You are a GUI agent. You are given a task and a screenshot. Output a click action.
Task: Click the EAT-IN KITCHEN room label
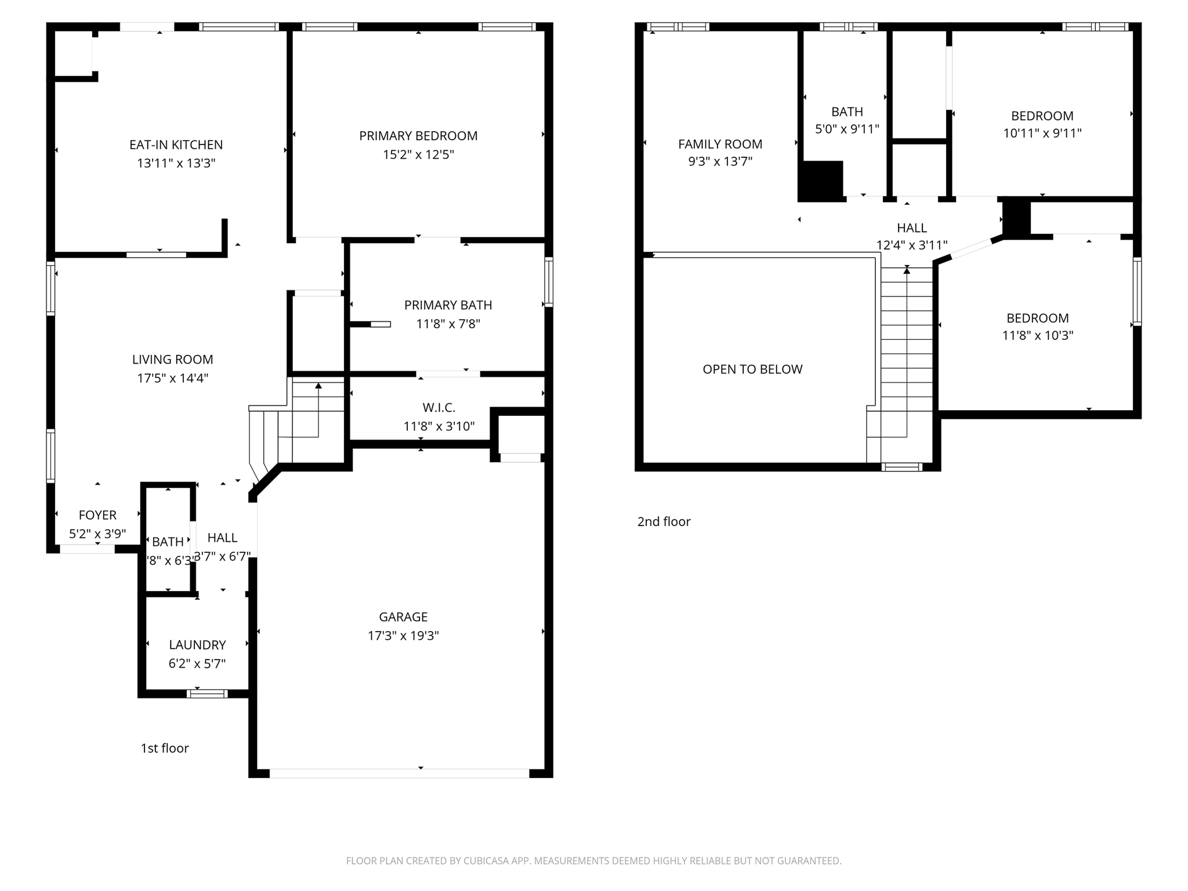(176, 144)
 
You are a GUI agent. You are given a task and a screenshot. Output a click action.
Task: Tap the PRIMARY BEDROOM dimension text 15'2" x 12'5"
(418, 154)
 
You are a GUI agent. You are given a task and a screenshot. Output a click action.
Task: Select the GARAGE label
(403, 617)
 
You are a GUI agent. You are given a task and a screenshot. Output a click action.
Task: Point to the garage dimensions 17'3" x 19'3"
(403, 635)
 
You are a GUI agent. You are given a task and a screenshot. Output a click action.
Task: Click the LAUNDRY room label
(197, 644)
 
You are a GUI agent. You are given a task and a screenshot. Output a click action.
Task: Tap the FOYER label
(97, 515)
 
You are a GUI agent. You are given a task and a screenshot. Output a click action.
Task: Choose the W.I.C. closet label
(439, 407)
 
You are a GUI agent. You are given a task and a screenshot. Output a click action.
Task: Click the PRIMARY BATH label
(448, 305)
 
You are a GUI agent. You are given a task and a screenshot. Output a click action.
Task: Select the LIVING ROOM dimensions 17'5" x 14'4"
(172, 378)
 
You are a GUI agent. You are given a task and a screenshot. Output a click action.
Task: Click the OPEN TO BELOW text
(752, 369)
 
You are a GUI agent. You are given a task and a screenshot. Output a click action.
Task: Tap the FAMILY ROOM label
(720, 144)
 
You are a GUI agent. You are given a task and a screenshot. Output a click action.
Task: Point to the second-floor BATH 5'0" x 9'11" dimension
(847, 129)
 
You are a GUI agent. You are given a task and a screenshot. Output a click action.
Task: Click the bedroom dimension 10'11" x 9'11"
(1042, 133)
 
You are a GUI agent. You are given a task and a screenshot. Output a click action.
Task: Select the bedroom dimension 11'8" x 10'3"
(1038, 335)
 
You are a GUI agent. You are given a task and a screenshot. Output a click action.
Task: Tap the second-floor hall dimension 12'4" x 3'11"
(911, 245)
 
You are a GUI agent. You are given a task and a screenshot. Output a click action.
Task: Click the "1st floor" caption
(165, 748)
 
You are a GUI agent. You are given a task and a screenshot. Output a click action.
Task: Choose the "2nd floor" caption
(664, 521)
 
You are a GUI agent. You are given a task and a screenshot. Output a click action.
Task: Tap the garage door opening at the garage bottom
(399, 773)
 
